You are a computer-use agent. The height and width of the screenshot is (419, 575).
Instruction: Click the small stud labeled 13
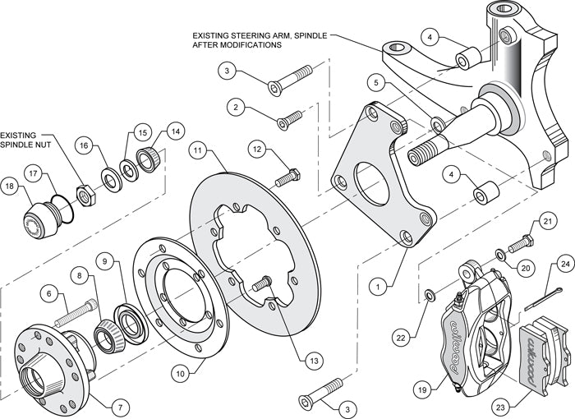(264, 284)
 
